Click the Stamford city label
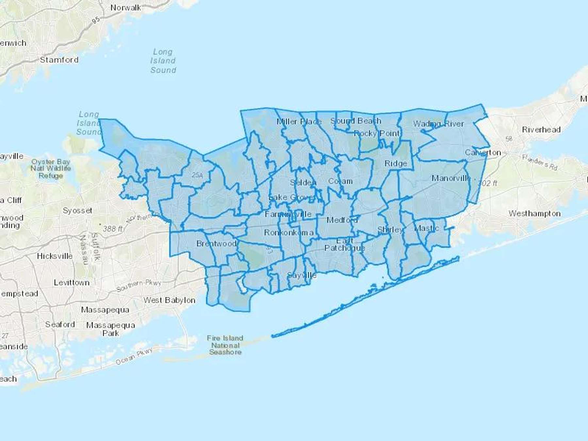[59, 60]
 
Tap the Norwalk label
[125, 8]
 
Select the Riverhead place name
[541, 130]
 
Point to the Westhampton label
[534, 214]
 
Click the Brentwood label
[216, 244]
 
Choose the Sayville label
[302, 275]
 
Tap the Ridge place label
[396, 163]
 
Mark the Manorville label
[451, 178]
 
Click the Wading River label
[438, 124]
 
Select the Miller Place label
[299, 122]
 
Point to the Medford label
[342, 220]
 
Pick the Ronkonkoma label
[289, 233]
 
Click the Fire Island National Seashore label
[225, 345]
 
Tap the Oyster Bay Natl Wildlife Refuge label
[51, 169]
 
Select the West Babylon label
[169, 300]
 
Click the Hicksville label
[55, 256]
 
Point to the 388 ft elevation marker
[112, 229]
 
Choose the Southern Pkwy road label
[139, 286]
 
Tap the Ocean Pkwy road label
[134, 357]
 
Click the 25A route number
[197, 175]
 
